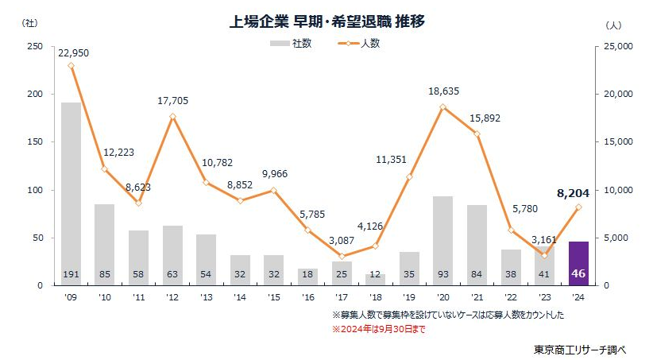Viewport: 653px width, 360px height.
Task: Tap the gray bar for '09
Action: pyautogui.click(x=71, y=191)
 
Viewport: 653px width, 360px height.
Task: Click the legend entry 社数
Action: pyautogui.click(x=291, y=44)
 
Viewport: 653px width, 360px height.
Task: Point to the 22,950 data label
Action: pyautogui.click(x=72, y=52)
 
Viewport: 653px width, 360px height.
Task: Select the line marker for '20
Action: pyautogui.click(x=443, y=106)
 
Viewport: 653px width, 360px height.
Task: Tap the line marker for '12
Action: pyautogui.click(x=173, y=117)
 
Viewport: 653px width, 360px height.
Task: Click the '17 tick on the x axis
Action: pyautogui.click(x=342, y=298)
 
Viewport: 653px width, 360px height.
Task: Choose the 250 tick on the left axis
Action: pyautogui.click(x=34, y=46)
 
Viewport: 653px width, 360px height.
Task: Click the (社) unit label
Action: pyautogui.click(x=29, y=24)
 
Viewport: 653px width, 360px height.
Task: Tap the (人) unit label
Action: pyautogui.click(x=612, y=25)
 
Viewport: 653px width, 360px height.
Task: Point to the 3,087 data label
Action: pyautogui.click(x=342, y=241)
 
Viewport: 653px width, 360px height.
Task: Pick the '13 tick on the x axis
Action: pyautogui.click(x=207, y=298)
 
